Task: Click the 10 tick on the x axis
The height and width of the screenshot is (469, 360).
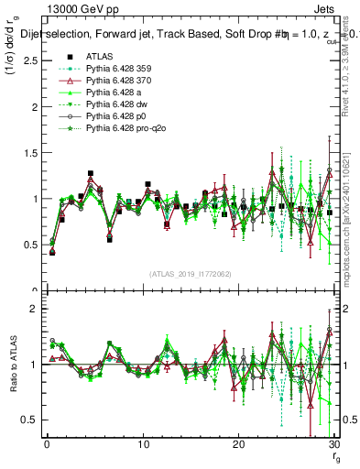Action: click(143, 446)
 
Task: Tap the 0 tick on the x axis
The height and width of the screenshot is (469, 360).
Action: click(47, 446)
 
